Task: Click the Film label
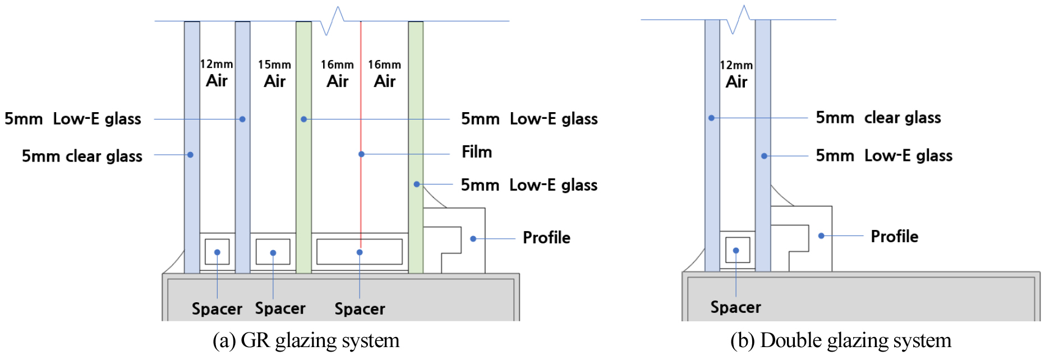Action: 477,152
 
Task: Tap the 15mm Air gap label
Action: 274,74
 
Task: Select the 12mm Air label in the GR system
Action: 217,73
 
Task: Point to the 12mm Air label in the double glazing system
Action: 736,75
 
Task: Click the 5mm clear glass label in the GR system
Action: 82,156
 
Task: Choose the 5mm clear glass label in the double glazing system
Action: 878,118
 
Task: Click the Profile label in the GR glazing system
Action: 546,238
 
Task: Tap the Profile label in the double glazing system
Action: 894,237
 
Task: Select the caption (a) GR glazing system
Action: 306,340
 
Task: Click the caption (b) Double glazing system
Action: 841,340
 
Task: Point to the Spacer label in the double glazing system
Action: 735,307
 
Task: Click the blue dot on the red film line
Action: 361,154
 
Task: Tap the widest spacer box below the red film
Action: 360,252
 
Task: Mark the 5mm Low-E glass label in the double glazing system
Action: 884,156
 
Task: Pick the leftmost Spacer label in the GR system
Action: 217,309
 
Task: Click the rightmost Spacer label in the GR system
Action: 360,309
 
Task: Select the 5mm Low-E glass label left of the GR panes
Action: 73,119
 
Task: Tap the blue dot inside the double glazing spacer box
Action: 736,251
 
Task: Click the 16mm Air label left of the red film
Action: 337,74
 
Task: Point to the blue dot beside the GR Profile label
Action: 473,239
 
